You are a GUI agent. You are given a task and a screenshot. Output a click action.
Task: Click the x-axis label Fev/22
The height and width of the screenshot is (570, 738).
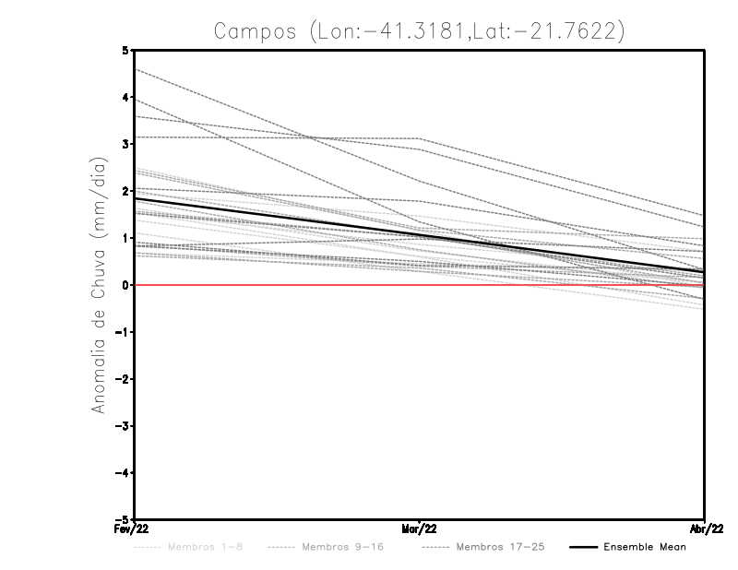pyautogui.click(x=133, y=528)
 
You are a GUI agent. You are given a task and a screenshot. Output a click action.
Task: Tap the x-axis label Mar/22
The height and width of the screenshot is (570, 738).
pyautogui.click(x=419, y=528)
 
